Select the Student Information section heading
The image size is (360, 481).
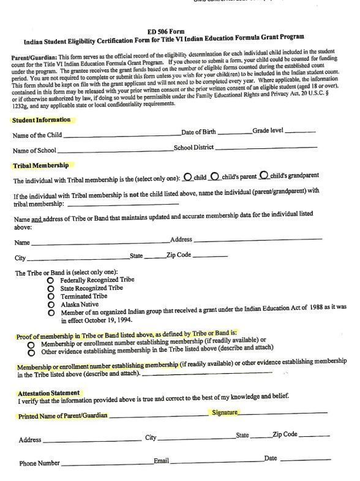[x=41, y=119]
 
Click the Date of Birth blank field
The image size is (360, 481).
[x=234, y=132]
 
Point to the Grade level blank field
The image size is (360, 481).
[x=300, y=131]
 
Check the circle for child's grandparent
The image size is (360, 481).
[x=264, y=176]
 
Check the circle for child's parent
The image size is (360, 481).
[x=215, y=176]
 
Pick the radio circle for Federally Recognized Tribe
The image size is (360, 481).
[x=51, y=279]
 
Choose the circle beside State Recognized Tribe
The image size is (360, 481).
[x=51, y=288]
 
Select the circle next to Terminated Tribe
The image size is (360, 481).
[x=51, y=297]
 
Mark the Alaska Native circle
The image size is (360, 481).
[x=51, y=305]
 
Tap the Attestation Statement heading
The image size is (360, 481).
[x=48, y=393]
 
